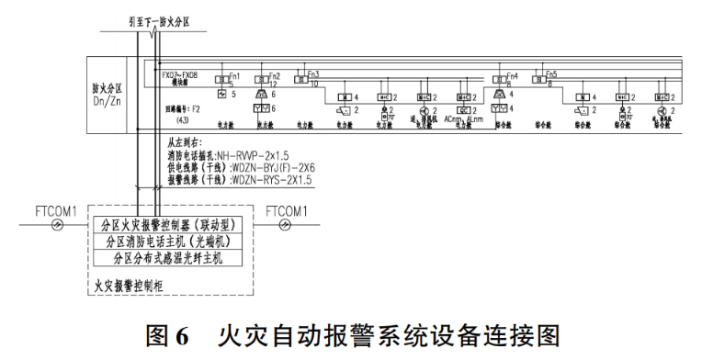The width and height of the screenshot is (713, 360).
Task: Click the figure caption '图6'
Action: point(169,333)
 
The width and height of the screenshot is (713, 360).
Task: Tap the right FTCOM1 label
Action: point(287,211)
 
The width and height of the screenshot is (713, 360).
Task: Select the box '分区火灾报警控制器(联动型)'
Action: point(173,225)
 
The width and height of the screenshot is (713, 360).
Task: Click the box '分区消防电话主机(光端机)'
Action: point(173,242)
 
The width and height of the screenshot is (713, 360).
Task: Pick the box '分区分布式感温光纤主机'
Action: point(173,258)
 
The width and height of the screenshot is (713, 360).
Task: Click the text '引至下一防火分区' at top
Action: point(158,19)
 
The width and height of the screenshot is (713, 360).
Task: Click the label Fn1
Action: point(235,74)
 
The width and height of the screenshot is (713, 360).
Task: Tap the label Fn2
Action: point(275,74)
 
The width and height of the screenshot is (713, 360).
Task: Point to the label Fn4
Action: point(513,74)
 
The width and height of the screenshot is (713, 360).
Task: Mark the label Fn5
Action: point(551,74)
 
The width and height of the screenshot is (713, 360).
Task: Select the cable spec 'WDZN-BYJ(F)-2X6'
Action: point(278,168)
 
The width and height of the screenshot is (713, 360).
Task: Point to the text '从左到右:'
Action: point(185,143)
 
